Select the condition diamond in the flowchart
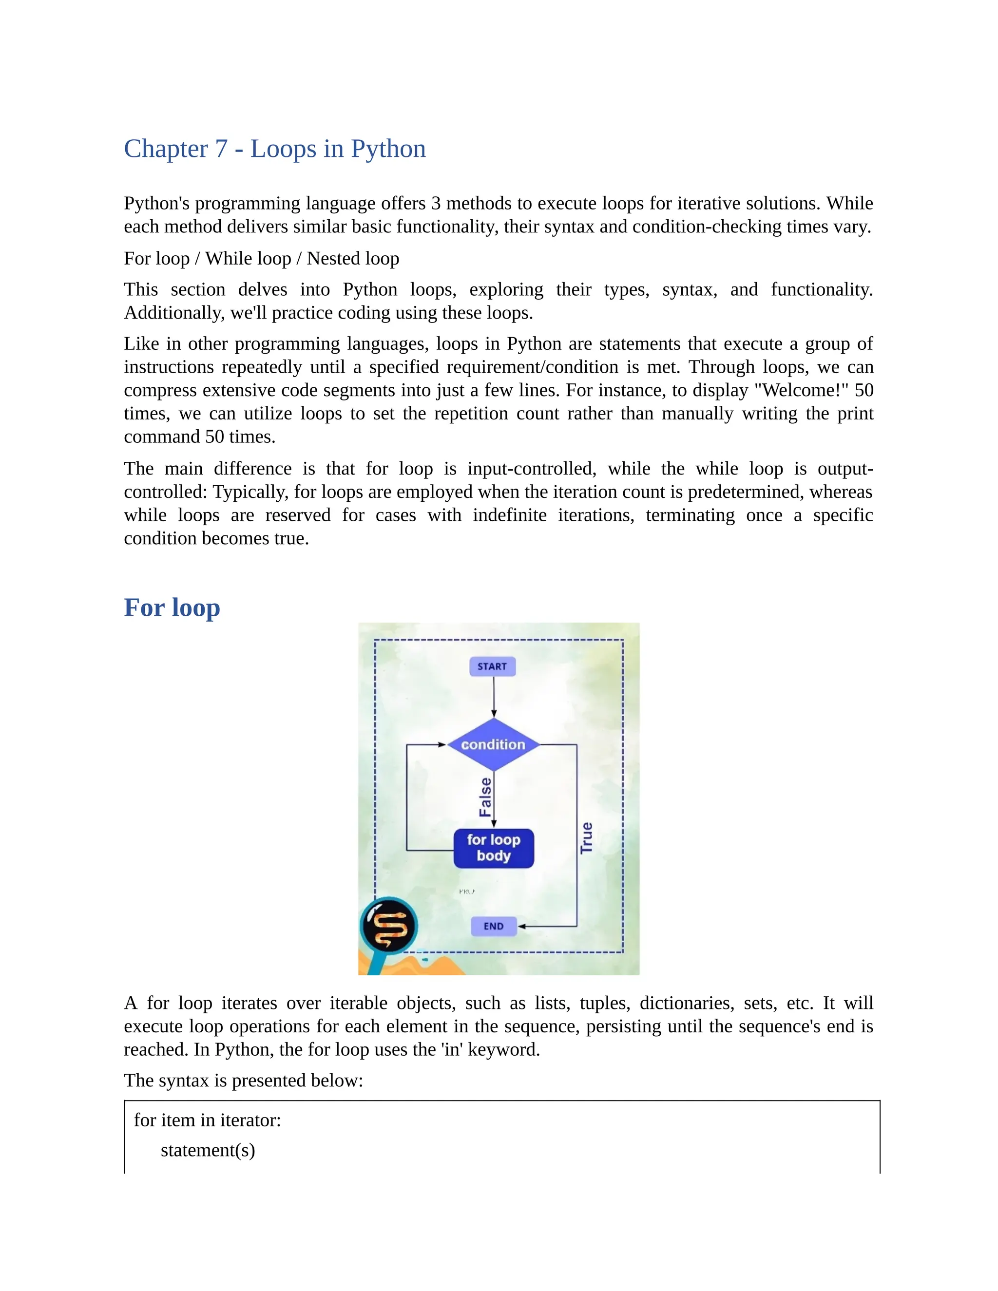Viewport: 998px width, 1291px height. click(493, 745)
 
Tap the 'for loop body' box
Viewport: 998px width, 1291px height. click(494, 848)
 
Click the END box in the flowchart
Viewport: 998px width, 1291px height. click(494, 926)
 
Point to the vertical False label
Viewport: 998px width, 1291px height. click(485, 797)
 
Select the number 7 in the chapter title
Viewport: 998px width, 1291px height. click(221, 149)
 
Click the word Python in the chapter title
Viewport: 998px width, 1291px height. click(388, 149)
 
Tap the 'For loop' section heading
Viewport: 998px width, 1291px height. click(172, 608)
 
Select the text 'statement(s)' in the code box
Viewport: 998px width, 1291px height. click(208, 1150)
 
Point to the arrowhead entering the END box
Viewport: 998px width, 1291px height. click(521, 926)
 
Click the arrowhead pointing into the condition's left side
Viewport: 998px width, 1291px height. click(442, 745)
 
